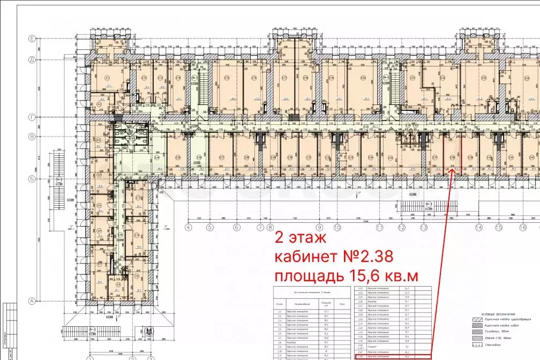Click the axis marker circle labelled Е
(x=32, y=39)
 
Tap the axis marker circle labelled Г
(x=32, y=116)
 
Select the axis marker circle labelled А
(x=32, y=301)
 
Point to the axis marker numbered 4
(x=189, y=227)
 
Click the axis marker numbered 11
(x=380, y=227)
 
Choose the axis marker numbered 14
(x=479, y=227)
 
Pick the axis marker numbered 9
(x=319, y=227)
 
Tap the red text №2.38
(x=367, y=257)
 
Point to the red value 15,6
(x=367, y=276)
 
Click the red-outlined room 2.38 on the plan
(x=453, y=155)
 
